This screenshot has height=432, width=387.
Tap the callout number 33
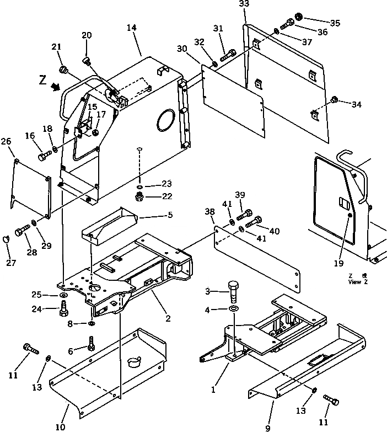point(244,5)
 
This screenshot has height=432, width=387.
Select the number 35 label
point(335,23)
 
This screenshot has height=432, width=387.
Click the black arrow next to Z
point(55,86)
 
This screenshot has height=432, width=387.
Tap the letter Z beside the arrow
point(42,81)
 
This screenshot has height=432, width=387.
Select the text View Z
point(354,281)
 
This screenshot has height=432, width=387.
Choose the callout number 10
point(60,426)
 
